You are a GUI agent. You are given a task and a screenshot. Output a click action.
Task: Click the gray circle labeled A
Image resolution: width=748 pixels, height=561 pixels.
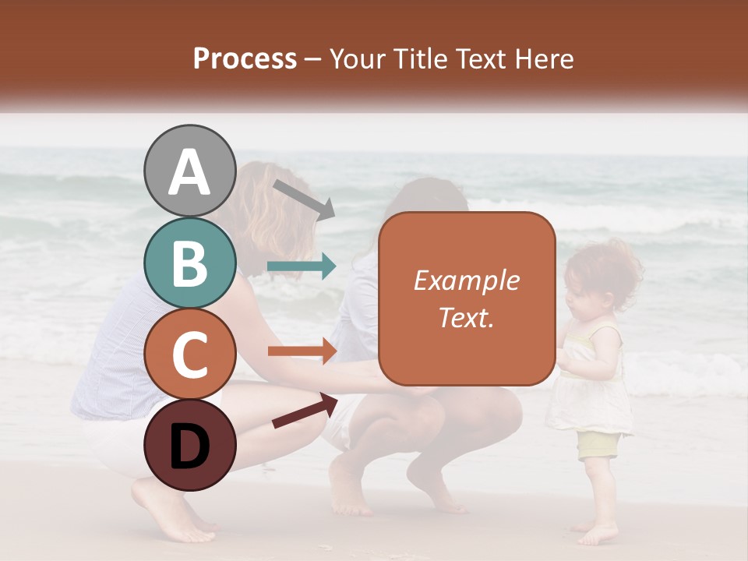pyautogui.click(x=189, y=171)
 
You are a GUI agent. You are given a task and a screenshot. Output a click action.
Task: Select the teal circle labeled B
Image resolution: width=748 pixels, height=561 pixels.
pyautogui.click(x=189, y=263)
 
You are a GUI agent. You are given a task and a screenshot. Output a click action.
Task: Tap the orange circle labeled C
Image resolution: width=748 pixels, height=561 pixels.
pyautogui.click(x=189, y=354)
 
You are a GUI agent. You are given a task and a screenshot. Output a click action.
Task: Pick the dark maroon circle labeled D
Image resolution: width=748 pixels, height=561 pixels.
pyautogui.click(x=189, y=445)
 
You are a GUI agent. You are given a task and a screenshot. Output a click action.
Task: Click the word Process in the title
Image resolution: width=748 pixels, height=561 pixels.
pyautogui.click(x=245, y=58)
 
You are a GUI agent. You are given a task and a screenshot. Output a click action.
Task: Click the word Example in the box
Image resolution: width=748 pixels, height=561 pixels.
pyautogui.click(x=466, y=280)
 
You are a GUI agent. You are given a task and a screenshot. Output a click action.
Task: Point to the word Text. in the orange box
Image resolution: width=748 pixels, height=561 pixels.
pyautogui.click(x=466, y=317)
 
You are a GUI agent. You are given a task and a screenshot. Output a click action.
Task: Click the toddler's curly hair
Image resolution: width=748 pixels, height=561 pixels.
pyautogui.click(x=604, y=269)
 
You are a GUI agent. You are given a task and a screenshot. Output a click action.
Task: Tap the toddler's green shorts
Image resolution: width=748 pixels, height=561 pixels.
pyautogui.click(x=598, y=445)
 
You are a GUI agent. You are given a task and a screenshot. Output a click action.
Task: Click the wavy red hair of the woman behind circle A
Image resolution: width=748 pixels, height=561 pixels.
pyautogui.click(x=269, y=210)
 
